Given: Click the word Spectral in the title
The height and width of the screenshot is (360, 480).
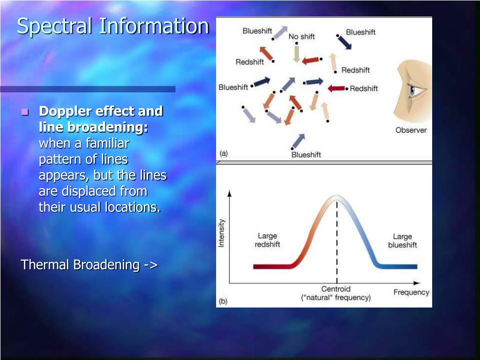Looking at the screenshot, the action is pyautogui.click(x=54, y=27).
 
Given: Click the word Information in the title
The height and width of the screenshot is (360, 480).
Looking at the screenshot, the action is pyautogui.click(x=154, y=26).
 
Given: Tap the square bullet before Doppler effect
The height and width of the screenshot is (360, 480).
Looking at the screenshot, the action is pyautogui.click(x=25, y=112).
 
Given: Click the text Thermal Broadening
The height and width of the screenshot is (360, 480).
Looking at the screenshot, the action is pyautogui.click(x=80, y=264).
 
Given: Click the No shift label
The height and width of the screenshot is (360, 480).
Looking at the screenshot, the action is pyautogui.click(x=301, y=37).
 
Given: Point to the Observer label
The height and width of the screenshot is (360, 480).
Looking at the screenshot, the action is pyautogui.click(x=411, y=130).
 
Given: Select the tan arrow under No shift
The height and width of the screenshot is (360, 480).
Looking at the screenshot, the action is pyautogui.click(x=296, y=53).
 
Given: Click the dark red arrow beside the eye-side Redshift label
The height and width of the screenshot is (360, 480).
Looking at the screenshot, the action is pyautogui.click(x=337, y=89).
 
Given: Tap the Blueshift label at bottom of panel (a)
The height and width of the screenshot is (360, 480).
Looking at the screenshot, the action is pyautogui.click(x=306, y=155).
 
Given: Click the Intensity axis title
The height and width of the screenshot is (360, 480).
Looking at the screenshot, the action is pyautogui.click(x=221, y=233).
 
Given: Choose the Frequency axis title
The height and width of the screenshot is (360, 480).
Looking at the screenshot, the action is pyautogui.click(x=411, y=292).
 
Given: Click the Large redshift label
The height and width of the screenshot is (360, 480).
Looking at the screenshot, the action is pyautogui.click(x=267, y=240).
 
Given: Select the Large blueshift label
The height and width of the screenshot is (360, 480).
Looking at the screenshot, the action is pyautogui.click(x=402, y=240).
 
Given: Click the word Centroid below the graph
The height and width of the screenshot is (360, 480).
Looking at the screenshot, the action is pyautogui.click(x=336, y=289).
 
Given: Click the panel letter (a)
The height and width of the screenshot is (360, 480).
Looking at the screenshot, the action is pyautogui.click(x=224, y=153).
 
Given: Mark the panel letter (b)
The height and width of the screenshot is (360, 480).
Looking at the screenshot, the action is pyautogui.click(x=223, y=301).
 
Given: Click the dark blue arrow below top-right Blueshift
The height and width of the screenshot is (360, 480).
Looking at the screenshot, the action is pyautogui.click(x=344, y=42).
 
